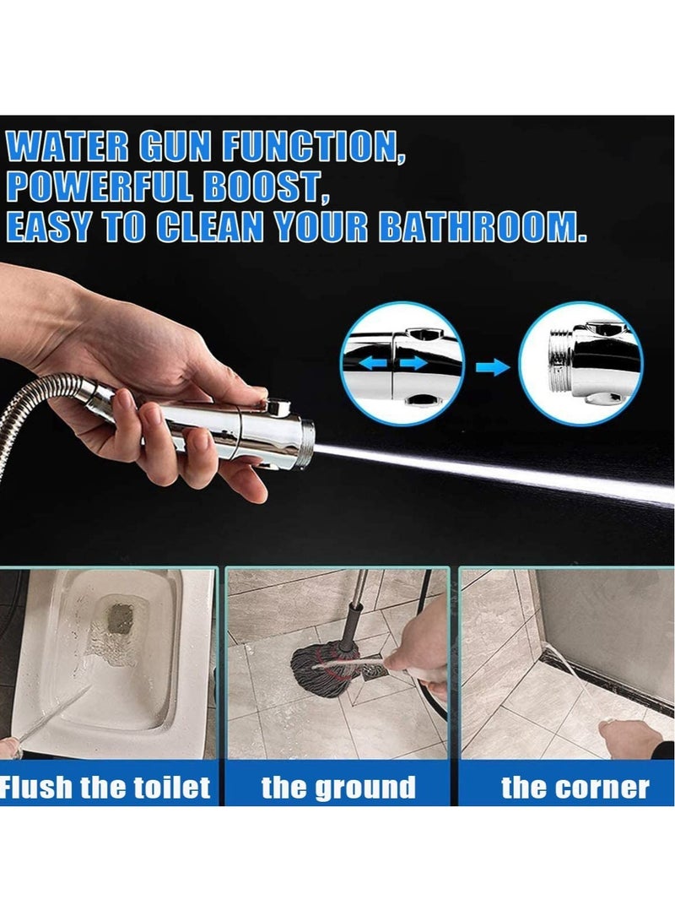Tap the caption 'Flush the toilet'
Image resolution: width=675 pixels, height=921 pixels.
[105, 788]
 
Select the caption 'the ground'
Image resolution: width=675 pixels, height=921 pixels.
[338, 788]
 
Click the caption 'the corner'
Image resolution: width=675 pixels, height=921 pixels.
[575, 788]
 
